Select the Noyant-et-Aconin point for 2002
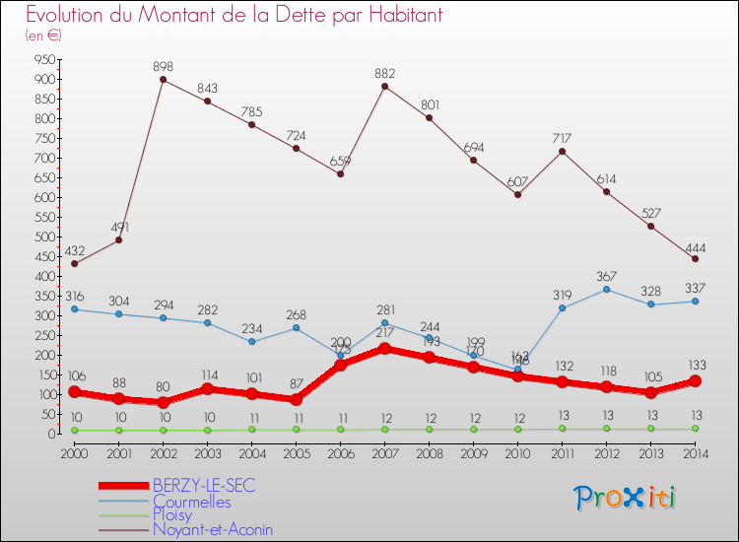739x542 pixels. point(163,80)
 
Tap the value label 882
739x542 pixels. point(384,73)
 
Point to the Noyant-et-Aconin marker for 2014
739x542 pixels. point(695,258)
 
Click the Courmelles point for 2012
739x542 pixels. point(606,289)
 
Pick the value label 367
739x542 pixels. point(606,276)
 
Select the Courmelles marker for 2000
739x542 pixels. point(74,309)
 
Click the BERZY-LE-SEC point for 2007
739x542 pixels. point(384,348)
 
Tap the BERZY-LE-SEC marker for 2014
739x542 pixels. point(695,381)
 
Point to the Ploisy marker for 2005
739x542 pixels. point(296,430)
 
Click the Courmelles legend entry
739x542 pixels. point(191,501)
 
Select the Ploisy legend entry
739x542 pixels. point(174,514)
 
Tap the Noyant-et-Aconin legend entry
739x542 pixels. point(212,529)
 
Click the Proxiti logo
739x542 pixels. point(626,498)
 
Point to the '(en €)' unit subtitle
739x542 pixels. point(43,34)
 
